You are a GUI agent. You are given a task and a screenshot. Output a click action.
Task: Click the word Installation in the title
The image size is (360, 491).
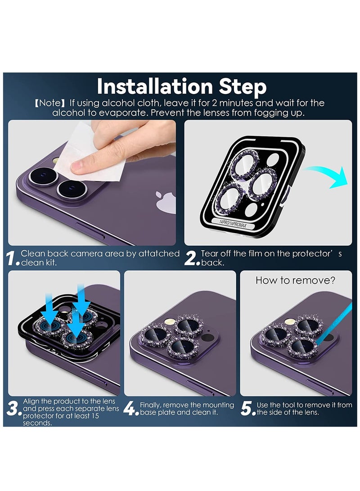tap(155, 86)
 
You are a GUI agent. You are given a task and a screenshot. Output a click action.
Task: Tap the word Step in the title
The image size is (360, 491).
tap(243, 87)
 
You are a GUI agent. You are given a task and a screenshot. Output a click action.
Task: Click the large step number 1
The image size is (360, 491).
tap(12, 258)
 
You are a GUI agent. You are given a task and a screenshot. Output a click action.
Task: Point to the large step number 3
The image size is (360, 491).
tap(13, 409)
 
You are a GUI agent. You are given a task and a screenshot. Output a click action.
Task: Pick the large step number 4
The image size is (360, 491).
tap(130, 409)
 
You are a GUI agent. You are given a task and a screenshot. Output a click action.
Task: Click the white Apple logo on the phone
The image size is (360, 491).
tap(166, 202)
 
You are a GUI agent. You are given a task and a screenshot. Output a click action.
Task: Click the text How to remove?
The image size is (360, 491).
tap(295, 280)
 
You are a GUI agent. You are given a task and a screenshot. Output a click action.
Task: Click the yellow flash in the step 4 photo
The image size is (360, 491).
tap(170, 321)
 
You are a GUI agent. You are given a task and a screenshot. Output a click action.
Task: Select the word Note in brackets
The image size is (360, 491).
tap(49, 103)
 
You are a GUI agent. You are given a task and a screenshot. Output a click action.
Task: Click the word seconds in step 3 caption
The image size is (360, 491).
tap(37, 423)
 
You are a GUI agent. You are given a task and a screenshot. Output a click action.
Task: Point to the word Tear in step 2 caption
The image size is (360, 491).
tap(210, 253)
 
